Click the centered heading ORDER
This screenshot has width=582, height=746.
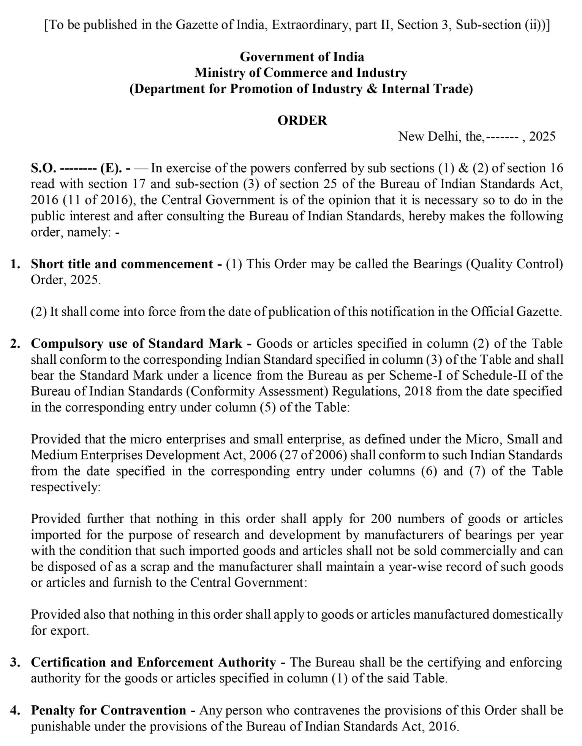pos(302,120)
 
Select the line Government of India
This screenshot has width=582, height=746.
pos(302,57)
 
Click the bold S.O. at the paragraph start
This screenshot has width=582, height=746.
pos(43,168)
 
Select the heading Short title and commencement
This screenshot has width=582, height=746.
pos(122,264)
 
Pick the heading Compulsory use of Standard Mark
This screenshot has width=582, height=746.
pos(136,343)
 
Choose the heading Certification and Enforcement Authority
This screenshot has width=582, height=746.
pos(153,662)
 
